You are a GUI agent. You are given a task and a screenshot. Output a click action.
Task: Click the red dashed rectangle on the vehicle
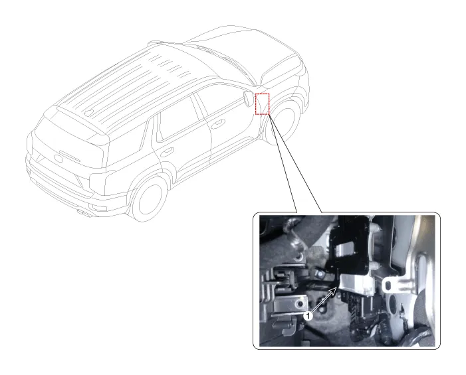263,104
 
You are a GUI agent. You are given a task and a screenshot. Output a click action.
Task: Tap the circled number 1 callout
307,317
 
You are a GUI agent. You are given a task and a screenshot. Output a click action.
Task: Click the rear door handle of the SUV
166,150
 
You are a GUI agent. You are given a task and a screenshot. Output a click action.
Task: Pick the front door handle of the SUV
219,123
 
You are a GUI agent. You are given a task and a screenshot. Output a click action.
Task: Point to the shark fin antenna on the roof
89,112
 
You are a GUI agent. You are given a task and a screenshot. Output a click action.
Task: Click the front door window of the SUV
219,100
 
